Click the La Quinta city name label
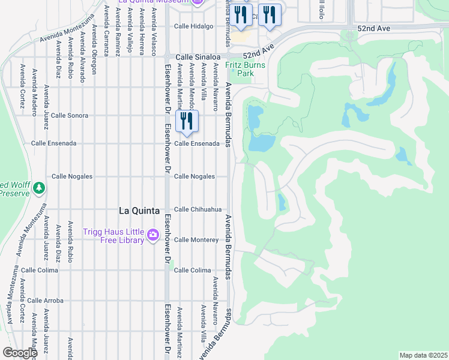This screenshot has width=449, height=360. click(x=139, y=211)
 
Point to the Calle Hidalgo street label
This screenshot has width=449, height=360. click(x=194, y=26)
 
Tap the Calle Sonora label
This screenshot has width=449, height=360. click(x=70, y=115)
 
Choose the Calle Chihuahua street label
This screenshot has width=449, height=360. click(x=198, y=209)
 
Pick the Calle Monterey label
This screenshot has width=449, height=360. click(x=196, y=240)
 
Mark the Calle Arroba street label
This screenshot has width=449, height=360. click(x=46, y=301)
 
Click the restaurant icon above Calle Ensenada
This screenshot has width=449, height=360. click(x=187, y=121)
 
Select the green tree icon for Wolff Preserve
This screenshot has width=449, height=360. click(x=40, y=188)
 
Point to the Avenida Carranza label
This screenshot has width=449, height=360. click(x=106, y=30)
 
